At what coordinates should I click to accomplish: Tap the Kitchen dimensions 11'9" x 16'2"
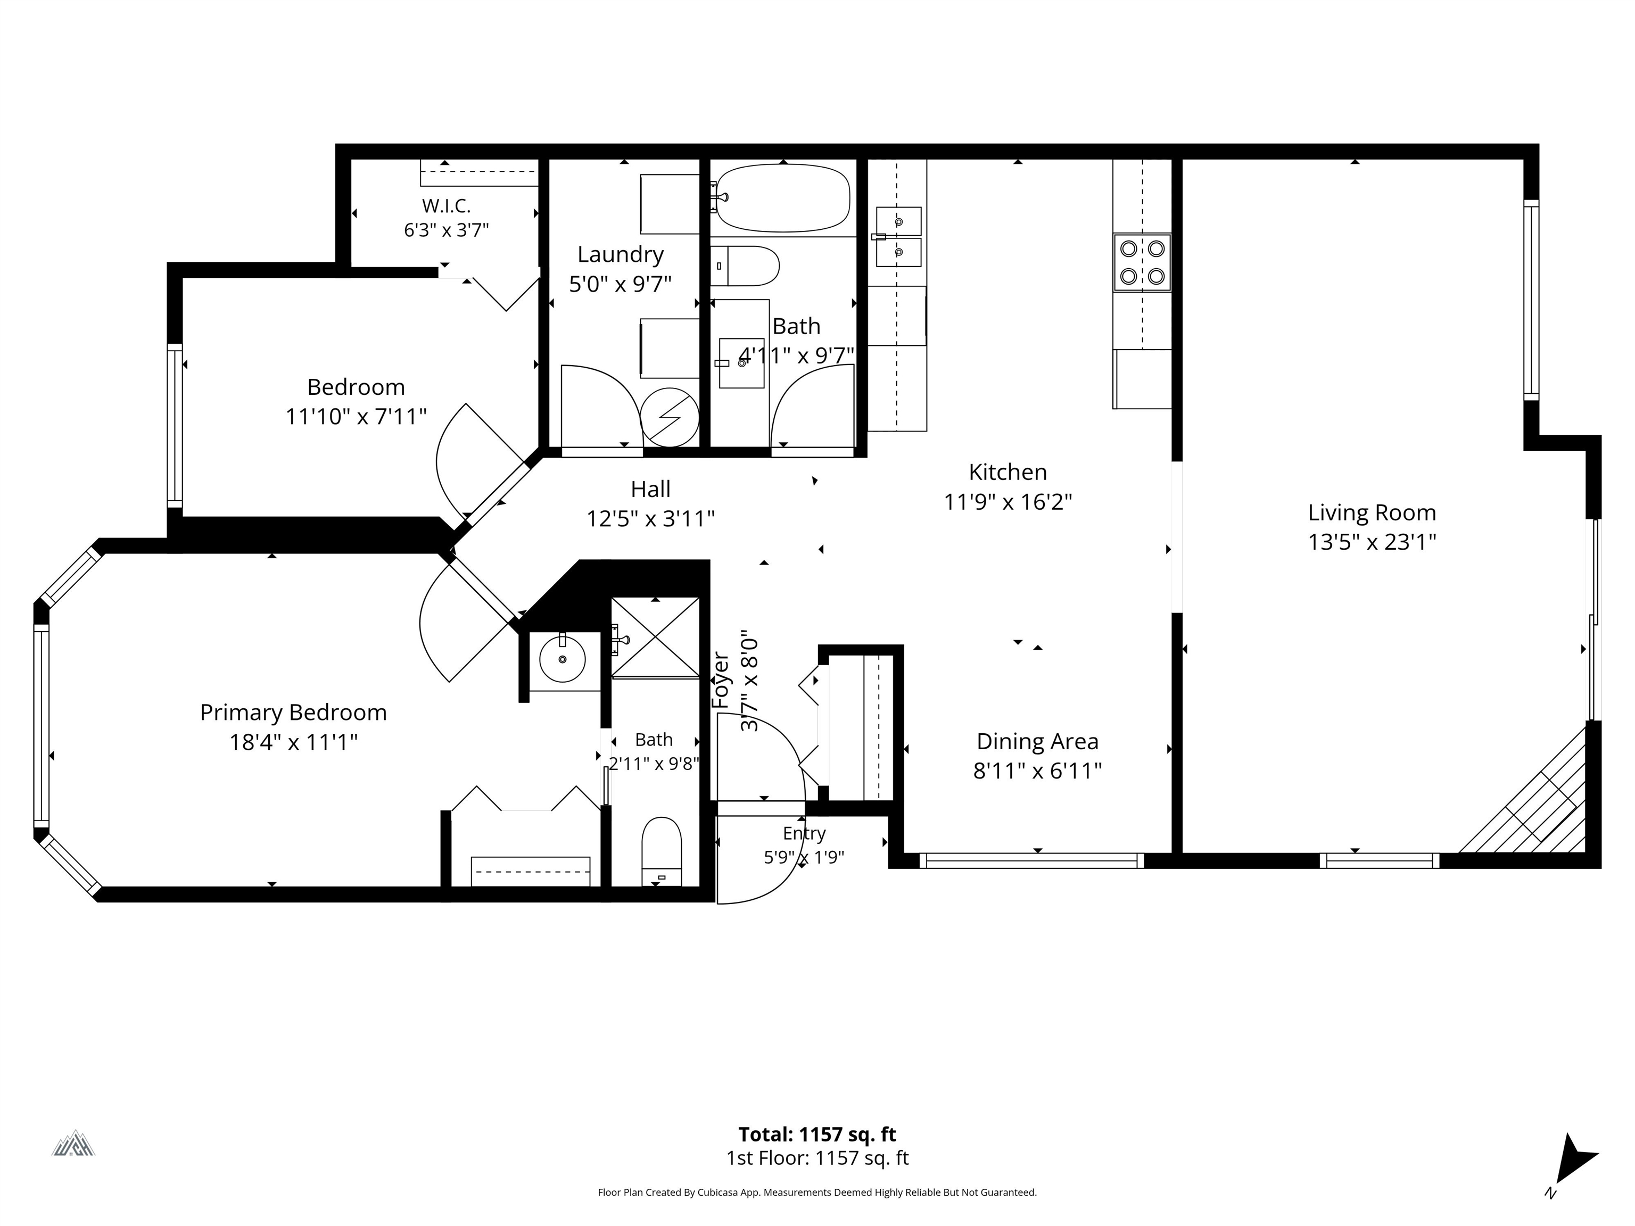[x=1008, y=502]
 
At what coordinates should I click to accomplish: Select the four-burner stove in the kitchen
[x=1142, y=262]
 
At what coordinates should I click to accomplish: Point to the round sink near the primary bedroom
[x=563, y=658]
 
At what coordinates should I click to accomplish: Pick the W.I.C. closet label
[x=447, y=205]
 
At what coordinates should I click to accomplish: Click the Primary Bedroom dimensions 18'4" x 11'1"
[x=293, y=742]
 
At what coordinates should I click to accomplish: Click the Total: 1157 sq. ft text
[x=817, y=1134]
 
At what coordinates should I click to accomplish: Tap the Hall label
[x=650, y=489]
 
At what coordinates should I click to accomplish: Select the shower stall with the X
[x=655, y=636]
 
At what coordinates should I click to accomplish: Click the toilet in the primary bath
[x=662, y=850]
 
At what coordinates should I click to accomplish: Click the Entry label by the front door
[x=804, y=834]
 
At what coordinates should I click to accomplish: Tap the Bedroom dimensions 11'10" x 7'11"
[x=356, y=417]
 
